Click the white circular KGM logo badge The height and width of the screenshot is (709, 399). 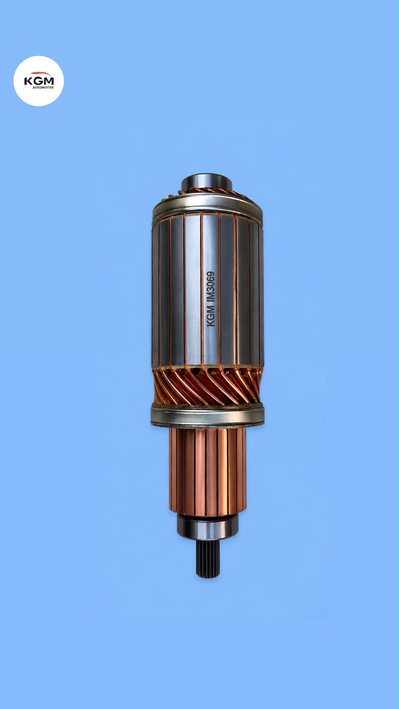[x=39, y=81]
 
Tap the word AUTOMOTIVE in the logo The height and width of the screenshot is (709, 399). [x=43, y=87]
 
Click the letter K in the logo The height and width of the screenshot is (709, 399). [x=27, y=81]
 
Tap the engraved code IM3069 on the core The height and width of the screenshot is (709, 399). [x=211, y=285]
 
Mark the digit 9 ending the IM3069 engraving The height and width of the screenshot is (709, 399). [x=211, y=273]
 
